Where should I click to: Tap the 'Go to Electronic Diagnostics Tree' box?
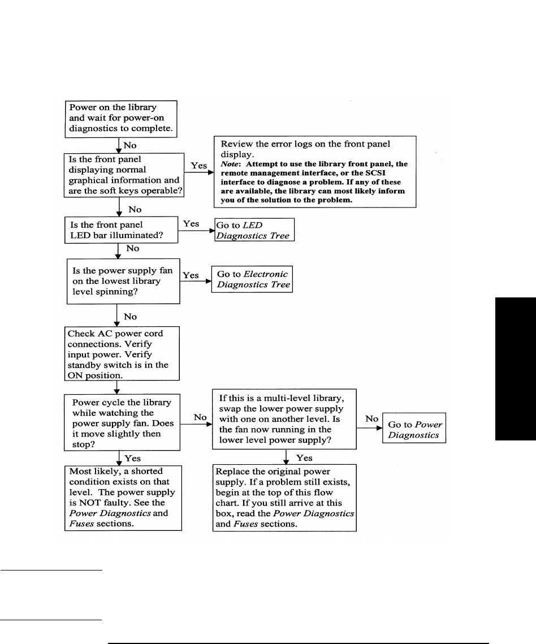tap(252, 279)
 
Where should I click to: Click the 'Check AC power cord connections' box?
tap(123, 355)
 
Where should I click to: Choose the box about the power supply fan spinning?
tap(123, 281)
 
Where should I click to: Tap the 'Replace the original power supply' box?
tap(284, 497)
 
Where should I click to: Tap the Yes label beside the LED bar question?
tap(191, 223)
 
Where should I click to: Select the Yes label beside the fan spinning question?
tap(191, 275)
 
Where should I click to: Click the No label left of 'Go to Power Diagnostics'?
tap(371, 419)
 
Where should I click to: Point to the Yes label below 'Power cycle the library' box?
tap(133, 458)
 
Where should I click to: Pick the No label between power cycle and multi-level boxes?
tap(200, 417)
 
